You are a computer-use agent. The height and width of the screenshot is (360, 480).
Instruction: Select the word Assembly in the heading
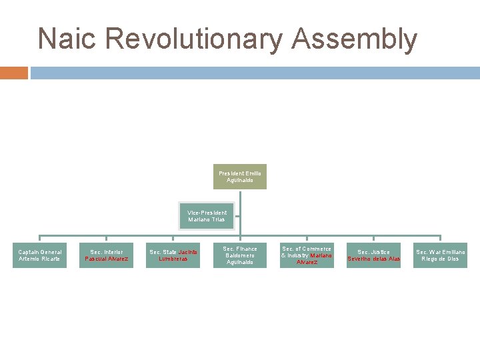[354, 39]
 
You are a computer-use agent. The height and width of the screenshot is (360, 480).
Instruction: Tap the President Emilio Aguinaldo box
[240, 177]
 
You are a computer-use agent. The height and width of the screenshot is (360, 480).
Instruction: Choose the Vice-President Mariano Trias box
[207, 216]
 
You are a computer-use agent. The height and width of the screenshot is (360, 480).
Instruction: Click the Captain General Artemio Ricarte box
[40, 255]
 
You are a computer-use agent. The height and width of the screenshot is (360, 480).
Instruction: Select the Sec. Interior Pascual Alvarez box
[107, 255]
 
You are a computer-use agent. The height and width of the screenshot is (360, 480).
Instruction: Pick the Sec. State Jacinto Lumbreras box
[173, 255]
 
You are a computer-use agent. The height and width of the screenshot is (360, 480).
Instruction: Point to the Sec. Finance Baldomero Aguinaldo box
[240, 255]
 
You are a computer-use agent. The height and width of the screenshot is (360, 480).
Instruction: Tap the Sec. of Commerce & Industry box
[307, 255]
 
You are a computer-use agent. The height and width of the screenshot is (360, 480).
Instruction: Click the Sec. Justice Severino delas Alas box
[373, 255]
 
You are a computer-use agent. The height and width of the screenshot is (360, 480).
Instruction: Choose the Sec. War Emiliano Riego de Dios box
[440, 255]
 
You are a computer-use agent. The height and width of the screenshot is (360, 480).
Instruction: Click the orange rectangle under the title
[14, 73]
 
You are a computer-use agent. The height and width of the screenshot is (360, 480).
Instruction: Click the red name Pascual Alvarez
[107, 259]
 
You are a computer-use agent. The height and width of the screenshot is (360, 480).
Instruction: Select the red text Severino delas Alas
[373, 259]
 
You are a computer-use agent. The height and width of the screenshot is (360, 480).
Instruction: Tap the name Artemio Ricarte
[40, 259]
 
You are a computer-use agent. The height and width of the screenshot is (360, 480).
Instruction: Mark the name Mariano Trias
[207, 219]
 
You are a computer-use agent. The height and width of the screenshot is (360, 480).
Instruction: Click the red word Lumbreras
[173, 259]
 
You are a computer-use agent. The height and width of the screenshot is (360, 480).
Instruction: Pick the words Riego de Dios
[440, 259]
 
